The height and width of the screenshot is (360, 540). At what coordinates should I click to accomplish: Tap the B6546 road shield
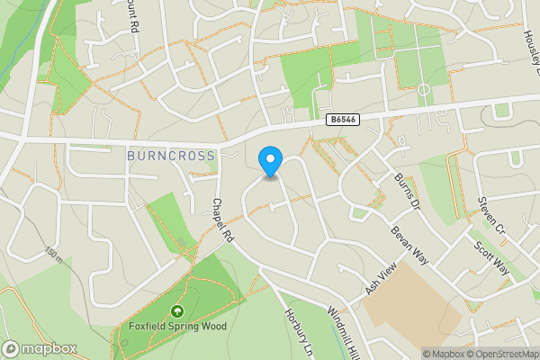[x=343, y=119]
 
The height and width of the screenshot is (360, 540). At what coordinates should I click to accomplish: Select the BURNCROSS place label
[x=171, y=156]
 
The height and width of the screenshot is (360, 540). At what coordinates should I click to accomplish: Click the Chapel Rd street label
[x=222, y=220]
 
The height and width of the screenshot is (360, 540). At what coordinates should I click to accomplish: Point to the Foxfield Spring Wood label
[x=177, y=326]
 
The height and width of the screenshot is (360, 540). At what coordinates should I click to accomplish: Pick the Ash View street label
[x=381, y=280]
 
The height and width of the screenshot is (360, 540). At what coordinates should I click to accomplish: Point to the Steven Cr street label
[x=494, y=217]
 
